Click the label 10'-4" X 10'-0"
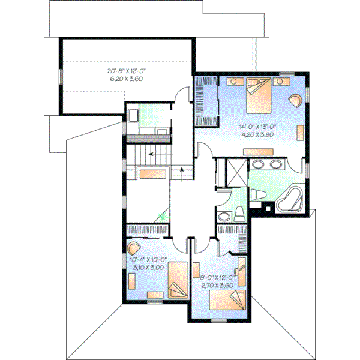tap(148, 260)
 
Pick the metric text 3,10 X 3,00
tap(148, 267)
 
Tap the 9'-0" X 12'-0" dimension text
tap(219, 278)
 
